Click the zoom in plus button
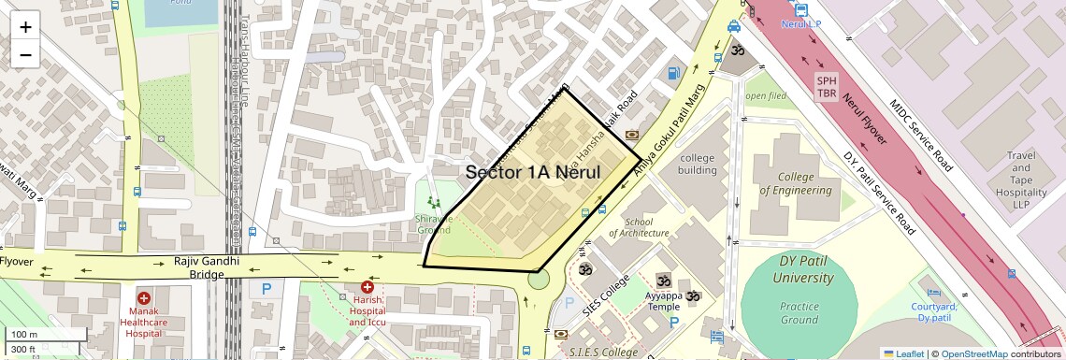(x=25, y=27)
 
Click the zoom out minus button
(x=25, y=55)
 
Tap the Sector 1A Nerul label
(x=533, y=172)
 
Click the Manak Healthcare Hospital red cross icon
(x=144, y=298)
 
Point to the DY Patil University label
(x=791, y=270)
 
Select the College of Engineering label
(x=795, y=184)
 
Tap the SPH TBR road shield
(x=827, y=86)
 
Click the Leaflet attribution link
(x=903, y=353)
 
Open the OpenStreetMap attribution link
(x=973, y=353)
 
